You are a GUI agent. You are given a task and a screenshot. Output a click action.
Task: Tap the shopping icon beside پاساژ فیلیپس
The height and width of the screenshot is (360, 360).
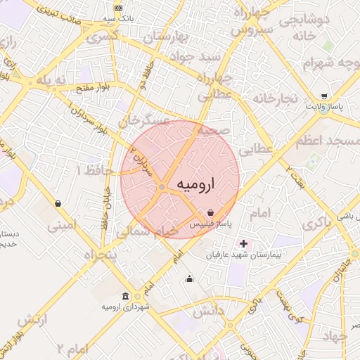coord(211,212)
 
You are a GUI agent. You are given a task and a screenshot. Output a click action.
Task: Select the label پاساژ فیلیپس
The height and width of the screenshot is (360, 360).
coord(211,224)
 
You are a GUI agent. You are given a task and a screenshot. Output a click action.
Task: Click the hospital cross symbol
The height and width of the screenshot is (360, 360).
coord(243,243)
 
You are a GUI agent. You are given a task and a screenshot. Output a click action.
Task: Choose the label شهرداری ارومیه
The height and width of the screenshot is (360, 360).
coord(124,307)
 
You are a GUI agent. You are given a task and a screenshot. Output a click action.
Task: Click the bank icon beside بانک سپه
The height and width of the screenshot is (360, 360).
coord(117,7)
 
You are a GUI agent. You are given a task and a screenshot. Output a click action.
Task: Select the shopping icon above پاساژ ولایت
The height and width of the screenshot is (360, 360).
coord(323,96)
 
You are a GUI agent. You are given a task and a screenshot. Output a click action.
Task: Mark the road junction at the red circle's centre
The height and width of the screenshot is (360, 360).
coord(162,187)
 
